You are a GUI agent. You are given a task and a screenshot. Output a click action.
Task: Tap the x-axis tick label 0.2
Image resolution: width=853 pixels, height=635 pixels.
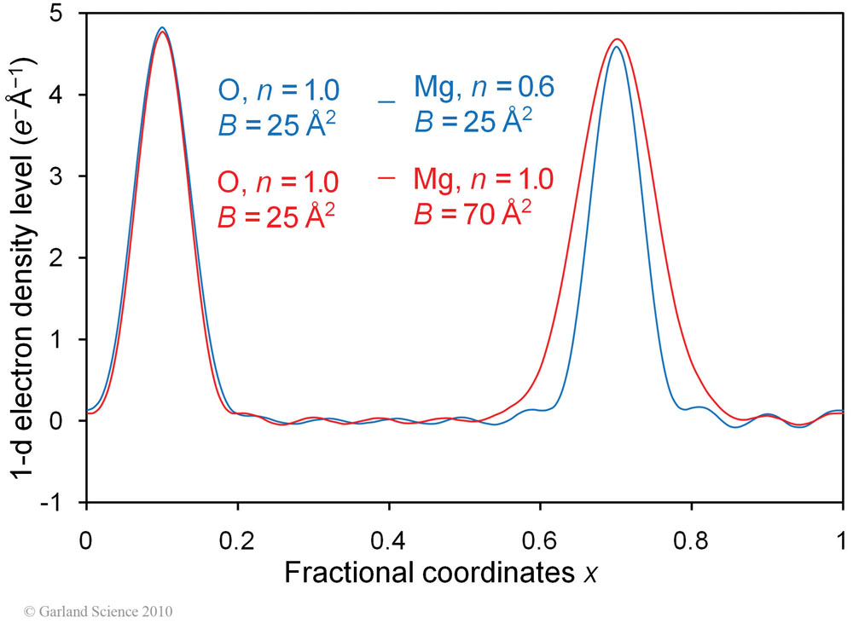point(237,540)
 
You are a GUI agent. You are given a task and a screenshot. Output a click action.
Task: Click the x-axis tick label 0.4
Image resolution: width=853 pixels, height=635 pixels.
point(389,540)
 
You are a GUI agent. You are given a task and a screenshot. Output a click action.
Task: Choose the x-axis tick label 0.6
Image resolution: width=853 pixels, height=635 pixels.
point(540,540)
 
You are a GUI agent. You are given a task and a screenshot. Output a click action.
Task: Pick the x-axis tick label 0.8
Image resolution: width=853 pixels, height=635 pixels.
point(691,540)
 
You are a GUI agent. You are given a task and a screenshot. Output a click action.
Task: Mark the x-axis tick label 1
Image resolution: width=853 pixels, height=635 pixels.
point(842,540)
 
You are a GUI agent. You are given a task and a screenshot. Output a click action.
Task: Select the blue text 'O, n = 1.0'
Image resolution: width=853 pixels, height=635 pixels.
point(279,89)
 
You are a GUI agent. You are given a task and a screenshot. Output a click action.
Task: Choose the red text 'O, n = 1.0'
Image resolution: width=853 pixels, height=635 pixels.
point(279,182)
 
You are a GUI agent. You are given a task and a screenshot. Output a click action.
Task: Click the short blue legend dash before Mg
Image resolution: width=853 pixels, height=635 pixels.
point(387,102)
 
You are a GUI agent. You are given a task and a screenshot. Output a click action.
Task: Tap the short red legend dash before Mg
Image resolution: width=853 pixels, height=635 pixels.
point(387,178)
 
